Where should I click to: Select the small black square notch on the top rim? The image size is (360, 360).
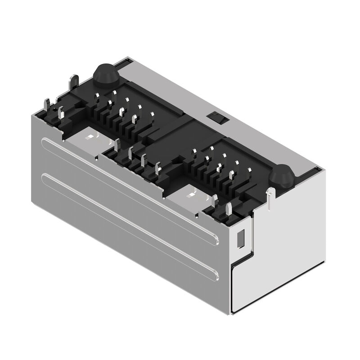point(217,117)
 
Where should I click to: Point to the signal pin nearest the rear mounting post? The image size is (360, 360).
point(114,94)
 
